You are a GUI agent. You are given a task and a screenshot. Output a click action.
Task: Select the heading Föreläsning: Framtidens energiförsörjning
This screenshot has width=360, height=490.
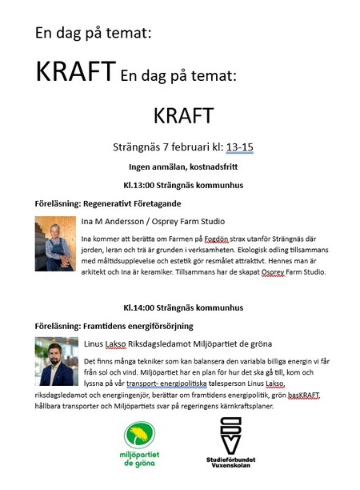pos(113,326)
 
